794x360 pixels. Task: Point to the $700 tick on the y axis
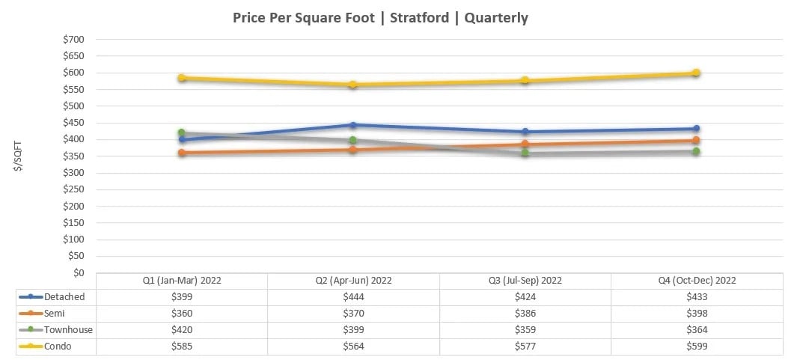tap(73, 40)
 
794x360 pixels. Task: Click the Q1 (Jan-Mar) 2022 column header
tap(182, 281)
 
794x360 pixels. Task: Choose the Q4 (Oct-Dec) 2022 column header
tap(696, 281)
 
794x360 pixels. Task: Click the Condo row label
tap(58, 347)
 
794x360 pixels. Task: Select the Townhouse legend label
tap(69, 330)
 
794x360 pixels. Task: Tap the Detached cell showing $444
tap(353, 297)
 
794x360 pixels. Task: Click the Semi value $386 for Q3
tap(525, 314)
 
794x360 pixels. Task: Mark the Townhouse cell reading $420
tap(182, 330)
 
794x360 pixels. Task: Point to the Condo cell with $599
tap(696, 347)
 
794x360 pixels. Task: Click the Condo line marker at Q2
tap(353, 85)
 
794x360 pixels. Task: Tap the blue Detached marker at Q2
tap(353, 125)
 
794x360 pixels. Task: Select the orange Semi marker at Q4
tap(696, 140)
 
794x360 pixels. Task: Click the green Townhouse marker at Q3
tap(525, 153)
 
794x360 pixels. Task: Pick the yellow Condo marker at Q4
tap(696, 73)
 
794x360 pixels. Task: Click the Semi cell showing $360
tap(182, 314)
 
